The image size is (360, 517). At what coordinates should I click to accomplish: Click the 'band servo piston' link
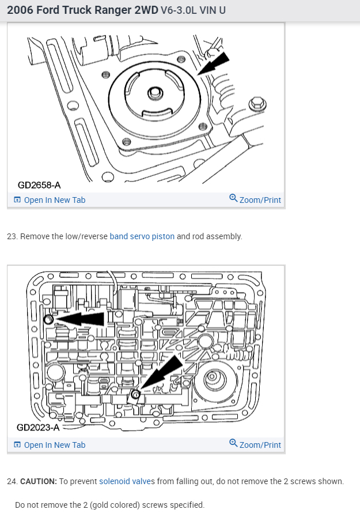[x=142, y=236]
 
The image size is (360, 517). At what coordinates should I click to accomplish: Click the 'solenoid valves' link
[x=124, y=481]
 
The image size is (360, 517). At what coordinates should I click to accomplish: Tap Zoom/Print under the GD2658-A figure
[x=255, y=200]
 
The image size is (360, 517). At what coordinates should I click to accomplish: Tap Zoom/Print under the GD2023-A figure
[x=255, y=445]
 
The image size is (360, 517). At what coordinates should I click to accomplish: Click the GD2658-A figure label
[x=39, y=185]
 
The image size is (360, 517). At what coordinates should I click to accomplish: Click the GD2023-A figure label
[x=39, y=428]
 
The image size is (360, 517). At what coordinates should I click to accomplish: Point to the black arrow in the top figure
[x=214, y=62]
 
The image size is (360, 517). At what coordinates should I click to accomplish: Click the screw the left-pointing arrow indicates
[x=48, y=319]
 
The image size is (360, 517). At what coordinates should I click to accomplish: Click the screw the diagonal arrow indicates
[x=135, y=395]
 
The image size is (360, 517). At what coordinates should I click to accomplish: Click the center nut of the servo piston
[x=154, y=93]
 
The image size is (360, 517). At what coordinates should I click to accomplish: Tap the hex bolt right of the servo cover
[x=257, y=104]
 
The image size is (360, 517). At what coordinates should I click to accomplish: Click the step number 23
[x=11, y=236]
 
